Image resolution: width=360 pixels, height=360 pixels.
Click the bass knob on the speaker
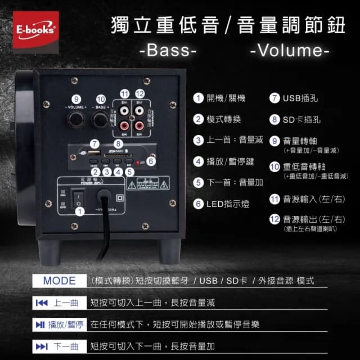click(101, 119)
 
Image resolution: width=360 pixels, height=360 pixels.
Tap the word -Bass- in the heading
click(167, 51)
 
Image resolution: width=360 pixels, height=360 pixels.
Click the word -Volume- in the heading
click(289, 51)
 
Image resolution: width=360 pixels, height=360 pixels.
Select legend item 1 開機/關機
click(219, 98)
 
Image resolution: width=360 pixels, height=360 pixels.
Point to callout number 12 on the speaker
click(140, 93)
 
